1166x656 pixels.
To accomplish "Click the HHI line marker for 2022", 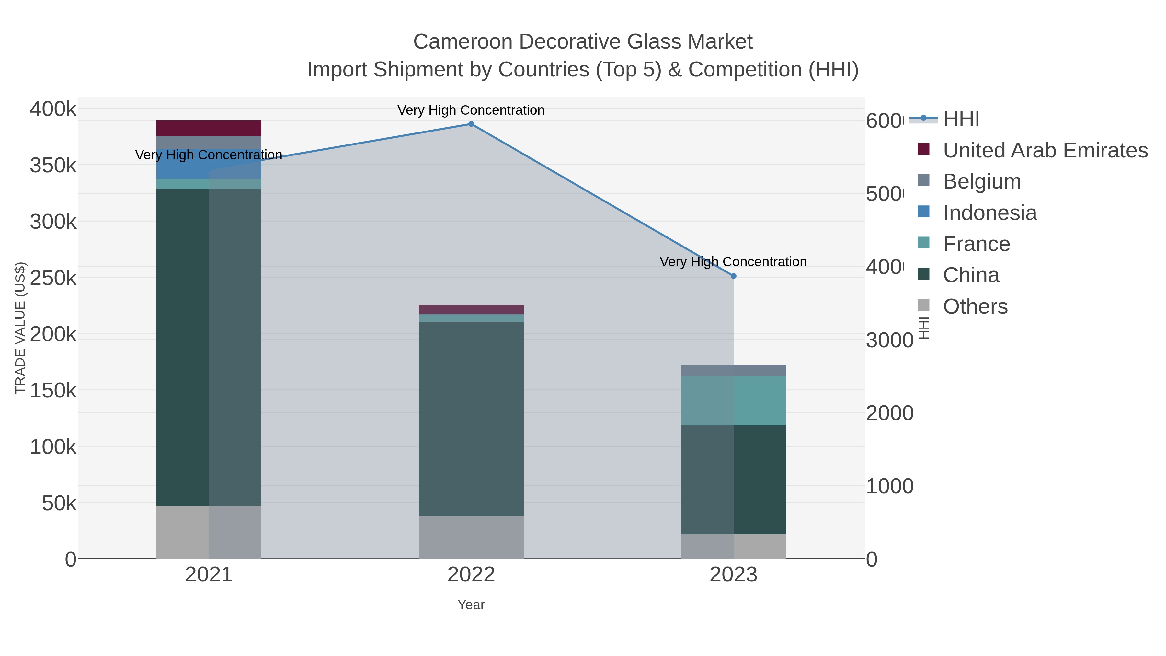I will [471, 124].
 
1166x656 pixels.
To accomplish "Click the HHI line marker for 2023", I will [733, 276].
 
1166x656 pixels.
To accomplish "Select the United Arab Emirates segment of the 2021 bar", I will [209, 128].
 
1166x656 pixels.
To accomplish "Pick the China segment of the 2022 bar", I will [471, 419].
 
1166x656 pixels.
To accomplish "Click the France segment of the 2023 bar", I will [733, 401].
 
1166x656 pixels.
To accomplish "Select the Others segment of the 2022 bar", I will [471, 537].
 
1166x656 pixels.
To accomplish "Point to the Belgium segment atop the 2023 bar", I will [733, 370].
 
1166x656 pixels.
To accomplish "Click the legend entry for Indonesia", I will [989, 213].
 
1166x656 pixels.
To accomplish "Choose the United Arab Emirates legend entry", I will [1045, 150].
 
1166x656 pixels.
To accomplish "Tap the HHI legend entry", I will [961, 119].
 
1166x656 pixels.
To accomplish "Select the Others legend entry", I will [975, 306].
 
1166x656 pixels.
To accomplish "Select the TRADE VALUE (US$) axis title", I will [20, 328].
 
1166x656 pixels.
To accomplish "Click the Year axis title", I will [471, 605].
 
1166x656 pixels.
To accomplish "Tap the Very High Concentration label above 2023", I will [733, 262].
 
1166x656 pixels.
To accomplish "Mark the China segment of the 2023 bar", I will [733, 480].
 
